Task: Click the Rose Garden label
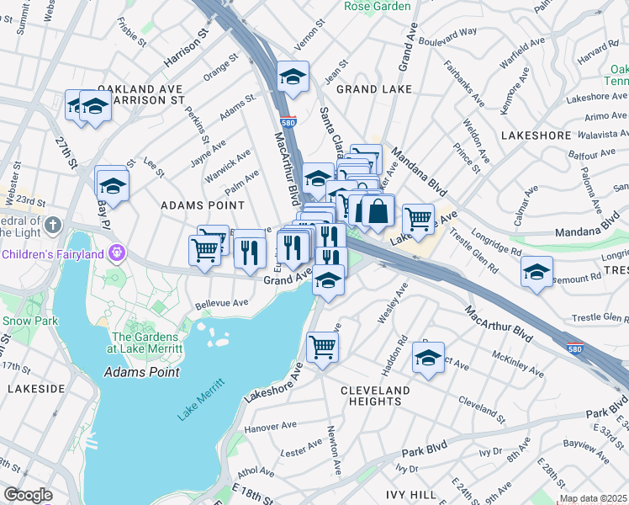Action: pos(378,6)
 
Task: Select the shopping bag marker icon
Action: pos(378,210)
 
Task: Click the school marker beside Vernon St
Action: pos(293,77)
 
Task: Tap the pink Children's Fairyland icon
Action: pos(116,252)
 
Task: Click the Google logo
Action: pos(28,495)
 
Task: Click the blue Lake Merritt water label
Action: pos(201,401)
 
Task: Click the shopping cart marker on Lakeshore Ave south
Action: pos(323,346)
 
